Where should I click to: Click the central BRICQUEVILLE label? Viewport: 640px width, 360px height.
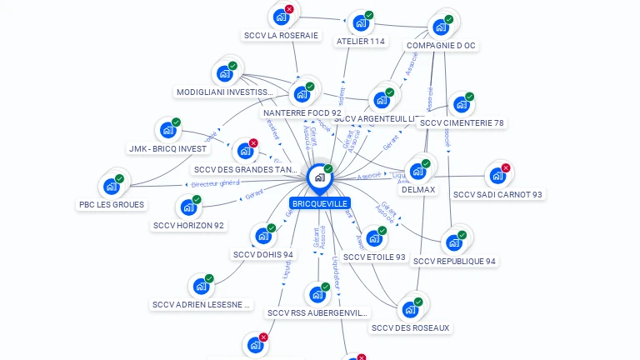[x=319, y=203]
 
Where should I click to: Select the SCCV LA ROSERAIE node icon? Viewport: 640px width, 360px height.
[x=281, y=17]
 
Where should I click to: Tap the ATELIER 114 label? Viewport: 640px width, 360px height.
[x=361, y=41]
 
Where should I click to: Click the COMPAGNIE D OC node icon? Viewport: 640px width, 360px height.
[x=440, y=27]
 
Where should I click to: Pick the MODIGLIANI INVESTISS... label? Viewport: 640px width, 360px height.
[x=225, y=92]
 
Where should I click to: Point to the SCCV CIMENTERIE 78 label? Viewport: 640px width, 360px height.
[x=462, y=122]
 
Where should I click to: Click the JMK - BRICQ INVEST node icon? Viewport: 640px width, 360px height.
[x=167, y=130]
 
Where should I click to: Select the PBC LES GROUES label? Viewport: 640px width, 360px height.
[x=112, y=204]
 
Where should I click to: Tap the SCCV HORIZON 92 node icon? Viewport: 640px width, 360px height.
[x=188, y=207]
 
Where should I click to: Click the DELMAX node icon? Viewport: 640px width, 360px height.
[x=417, y=171]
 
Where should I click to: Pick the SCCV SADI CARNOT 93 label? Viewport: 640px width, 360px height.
[x=497, y=194]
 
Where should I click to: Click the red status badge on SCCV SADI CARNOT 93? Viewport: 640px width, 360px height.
[x=505, y=168]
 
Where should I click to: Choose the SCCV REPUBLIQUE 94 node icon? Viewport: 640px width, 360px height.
[x=454, y=242]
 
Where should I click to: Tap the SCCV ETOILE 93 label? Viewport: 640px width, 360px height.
[x=374, y=257]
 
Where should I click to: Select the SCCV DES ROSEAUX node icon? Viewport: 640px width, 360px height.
[x=410, y=309]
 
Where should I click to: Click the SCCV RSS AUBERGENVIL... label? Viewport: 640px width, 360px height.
[x=317, y=312]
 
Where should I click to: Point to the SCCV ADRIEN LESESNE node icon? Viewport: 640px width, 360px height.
[x=201, y=286]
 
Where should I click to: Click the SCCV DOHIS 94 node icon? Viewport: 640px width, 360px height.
[x=262, y=236]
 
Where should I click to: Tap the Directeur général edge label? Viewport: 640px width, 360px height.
[x=215, y=183]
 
